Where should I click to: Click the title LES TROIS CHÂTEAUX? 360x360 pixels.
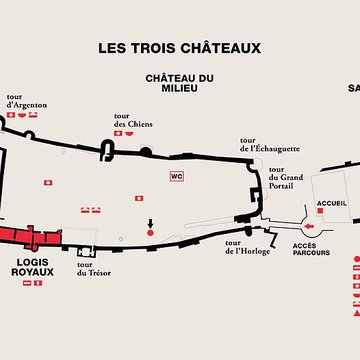click(x=179, y=47)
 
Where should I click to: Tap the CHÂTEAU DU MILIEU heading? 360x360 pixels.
click(x=179, y=83)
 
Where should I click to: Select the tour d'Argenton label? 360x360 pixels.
click(x=26, y=102)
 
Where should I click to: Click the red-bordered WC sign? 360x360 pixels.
click(x=177, y=177)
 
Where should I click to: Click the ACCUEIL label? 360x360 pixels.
click(x=331, y=203)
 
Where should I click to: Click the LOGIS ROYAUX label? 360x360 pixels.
click(x=32, y=266)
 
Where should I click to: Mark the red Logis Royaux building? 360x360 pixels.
click(x=30, y=237)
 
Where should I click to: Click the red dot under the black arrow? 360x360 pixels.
click(x=150, y=232)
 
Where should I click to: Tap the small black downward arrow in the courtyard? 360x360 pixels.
click(x=150, y=222)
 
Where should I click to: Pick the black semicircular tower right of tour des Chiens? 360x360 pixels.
click(x=146, y=151)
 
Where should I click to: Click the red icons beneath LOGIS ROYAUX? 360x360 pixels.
click(x=32, y=283)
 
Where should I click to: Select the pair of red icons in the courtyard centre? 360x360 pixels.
click(x=91, y=209)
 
